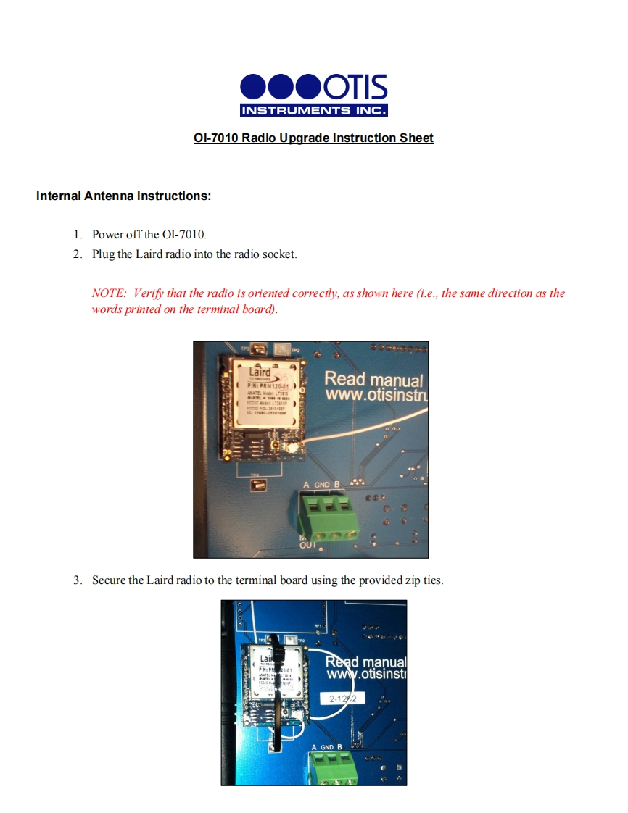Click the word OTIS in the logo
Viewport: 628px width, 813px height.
[x=355, y=88]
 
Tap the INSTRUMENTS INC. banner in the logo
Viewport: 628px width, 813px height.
[x=313, y=110]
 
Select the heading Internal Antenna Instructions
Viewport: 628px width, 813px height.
[x=123, y=196]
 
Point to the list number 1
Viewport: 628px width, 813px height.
[x=77, y=235]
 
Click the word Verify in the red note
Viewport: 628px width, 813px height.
[x=149, y=293]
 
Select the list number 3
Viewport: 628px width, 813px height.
[x=77, y=580]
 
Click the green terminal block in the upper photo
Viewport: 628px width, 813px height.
[x=329, y=513]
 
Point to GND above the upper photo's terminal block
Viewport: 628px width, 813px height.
[x=322, y=484]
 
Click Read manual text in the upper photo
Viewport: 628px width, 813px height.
[x=373, y=379]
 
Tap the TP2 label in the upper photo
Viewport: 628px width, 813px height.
[x=295, y=350]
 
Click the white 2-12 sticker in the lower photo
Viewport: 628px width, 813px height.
[x=347, y=699]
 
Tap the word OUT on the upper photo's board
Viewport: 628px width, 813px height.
[x=308, y=545]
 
